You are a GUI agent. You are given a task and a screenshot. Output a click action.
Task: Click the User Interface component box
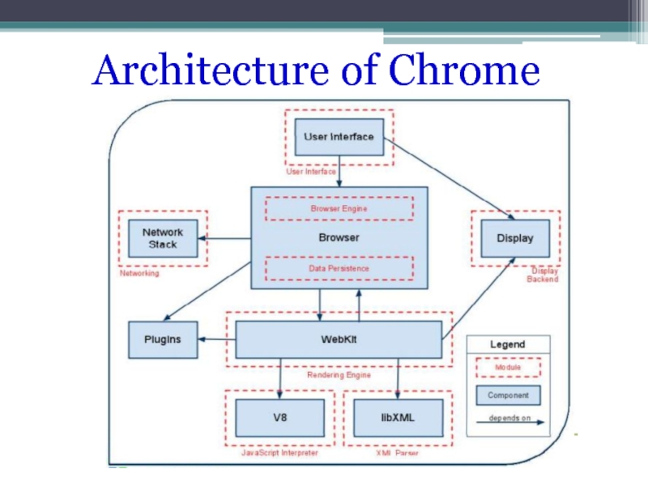(339, 137)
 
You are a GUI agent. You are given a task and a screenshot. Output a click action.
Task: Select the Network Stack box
(162, 238)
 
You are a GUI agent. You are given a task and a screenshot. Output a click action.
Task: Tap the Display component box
(514, 238)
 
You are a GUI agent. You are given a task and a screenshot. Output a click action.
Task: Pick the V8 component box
(280, 418)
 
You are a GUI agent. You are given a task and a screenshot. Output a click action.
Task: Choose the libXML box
(399, 418)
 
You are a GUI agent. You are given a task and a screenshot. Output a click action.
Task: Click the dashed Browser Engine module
(339, 208)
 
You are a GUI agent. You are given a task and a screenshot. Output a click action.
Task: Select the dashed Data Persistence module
(339, 268)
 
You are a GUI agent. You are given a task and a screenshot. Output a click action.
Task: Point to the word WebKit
(339, 339)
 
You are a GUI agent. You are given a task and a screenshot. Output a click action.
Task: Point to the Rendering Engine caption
(339, 375)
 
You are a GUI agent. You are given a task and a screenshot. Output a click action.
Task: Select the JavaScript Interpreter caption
(280, 454)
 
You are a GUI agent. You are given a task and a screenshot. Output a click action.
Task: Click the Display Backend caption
(543, 275)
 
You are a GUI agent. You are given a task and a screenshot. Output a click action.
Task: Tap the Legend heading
(507, 344)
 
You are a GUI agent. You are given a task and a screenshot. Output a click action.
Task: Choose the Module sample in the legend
(508, 368)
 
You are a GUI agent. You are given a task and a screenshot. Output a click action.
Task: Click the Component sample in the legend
(508, 395)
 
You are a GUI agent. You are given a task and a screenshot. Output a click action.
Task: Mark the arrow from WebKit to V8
(280, 377)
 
